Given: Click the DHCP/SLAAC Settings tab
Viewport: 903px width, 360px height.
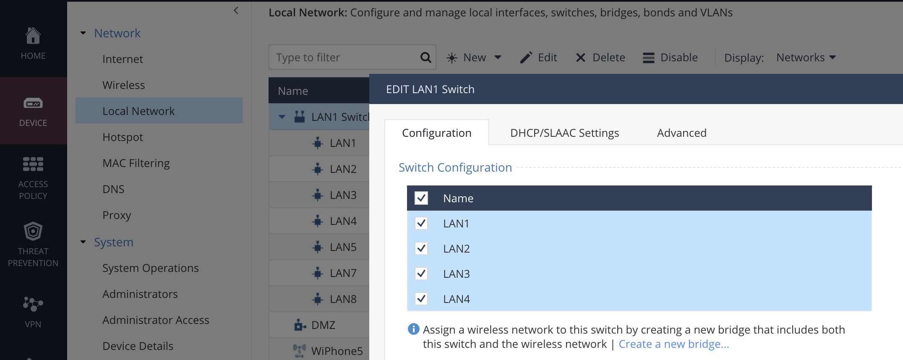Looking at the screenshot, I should click(564, 133).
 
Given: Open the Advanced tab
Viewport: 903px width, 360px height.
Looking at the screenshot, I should click(681, 133).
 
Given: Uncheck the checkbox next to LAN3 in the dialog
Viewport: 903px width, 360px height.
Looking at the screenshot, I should click(421, 274).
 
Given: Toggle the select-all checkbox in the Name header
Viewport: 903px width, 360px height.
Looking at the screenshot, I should click(421, 198).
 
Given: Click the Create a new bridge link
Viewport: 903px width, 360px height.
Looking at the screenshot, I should click(674, 344).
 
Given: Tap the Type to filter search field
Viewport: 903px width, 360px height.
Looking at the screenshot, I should click(344, 57).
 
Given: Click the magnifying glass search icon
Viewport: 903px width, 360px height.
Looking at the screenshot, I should click(425, 57).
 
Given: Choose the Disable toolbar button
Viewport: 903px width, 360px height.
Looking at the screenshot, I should click(670, 57).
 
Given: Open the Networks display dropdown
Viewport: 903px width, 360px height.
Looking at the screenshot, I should click(806, 57).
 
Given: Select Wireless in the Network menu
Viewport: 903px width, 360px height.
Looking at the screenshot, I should click(124, 85).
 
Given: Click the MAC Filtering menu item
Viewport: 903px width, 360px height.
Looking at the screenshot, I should click(136, 163).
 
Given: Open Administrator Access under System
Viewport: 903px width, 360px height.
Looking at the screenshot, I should click(156, 320).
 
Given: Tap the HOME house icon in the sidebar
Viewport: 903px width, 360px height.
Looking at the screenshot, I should click(33, 36).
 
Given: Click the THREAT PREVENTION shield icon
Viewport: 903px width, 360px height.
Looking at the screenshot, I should click(33, 231).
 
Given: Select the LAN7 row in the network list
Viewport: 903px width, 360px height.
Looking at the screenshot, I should click(343, 273).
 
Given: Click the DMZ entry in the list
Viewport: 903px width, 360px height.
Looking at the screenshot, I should click(323, 325).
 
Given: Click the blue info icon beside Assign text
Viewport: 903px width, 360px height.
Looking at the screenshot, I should click(413, 329).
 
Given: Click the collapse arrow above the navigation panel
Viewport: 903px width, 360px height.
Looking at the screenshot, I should click(236, 10).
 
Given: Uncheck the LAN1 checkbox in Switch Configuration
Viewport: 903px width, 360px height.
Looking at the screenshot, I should click(421, 223).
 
